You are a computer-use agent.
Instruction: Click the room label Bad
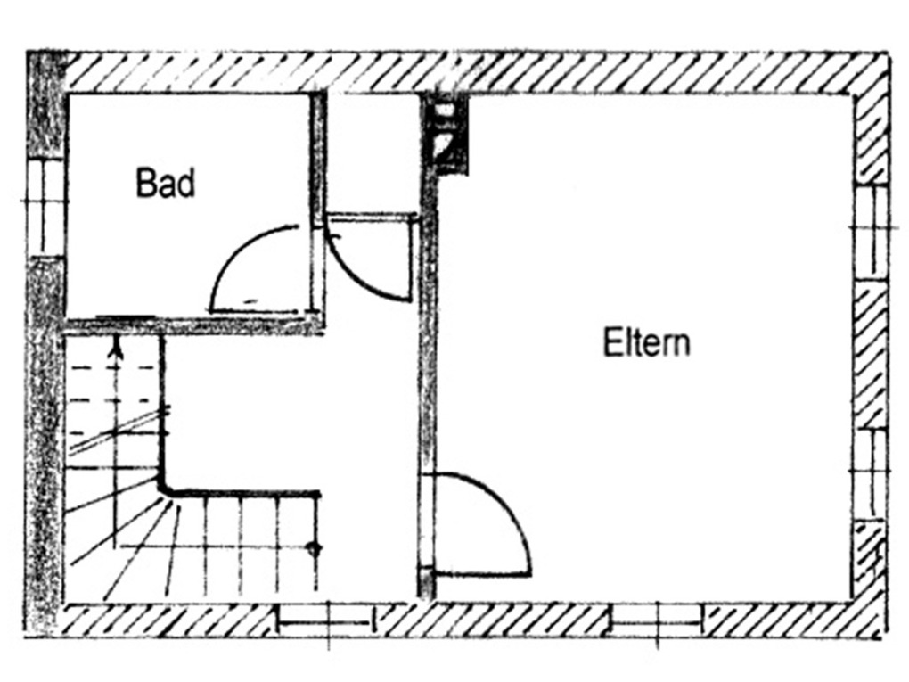(165, 183)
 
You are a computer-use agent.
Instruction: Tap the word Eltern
(646, 342)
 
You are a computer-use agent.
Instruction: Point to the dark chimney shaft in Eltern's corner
(447, 134)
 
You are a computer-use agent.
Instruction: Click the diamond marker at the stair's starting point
(315, 548)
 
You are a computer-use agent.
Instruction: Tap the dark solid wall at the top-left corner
(45, 104)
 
